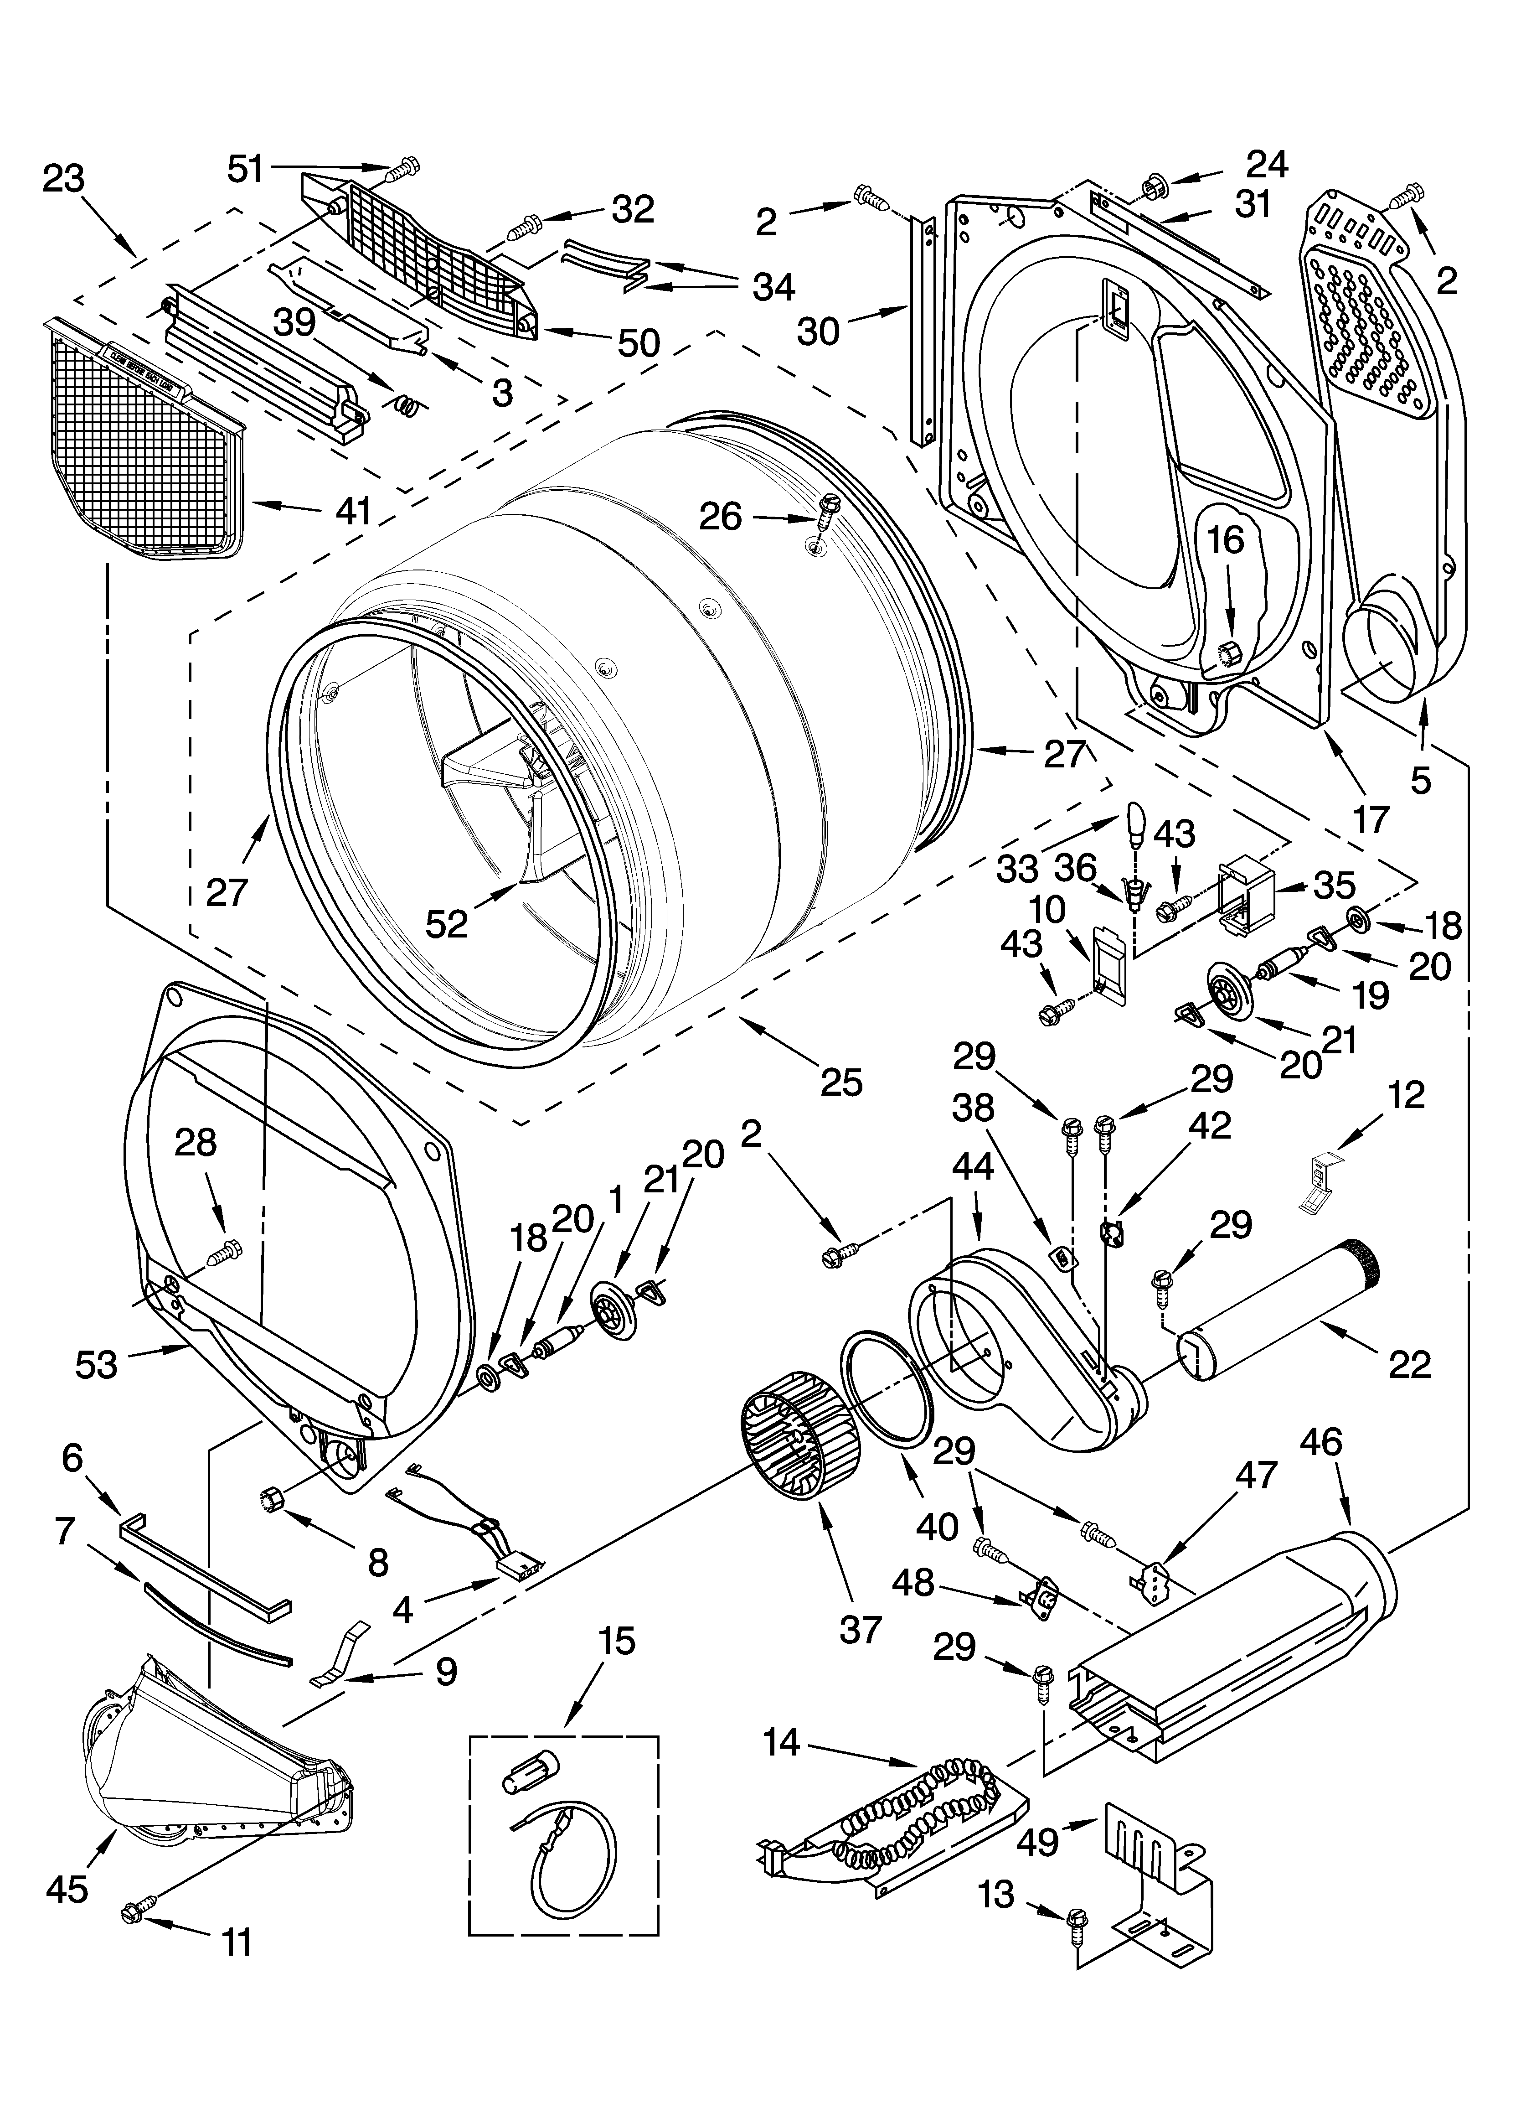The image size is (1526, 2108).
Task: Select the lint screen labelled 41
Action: tap(139, 446)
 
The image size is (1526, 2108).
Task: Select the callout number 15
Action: tap(617, 1642)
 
